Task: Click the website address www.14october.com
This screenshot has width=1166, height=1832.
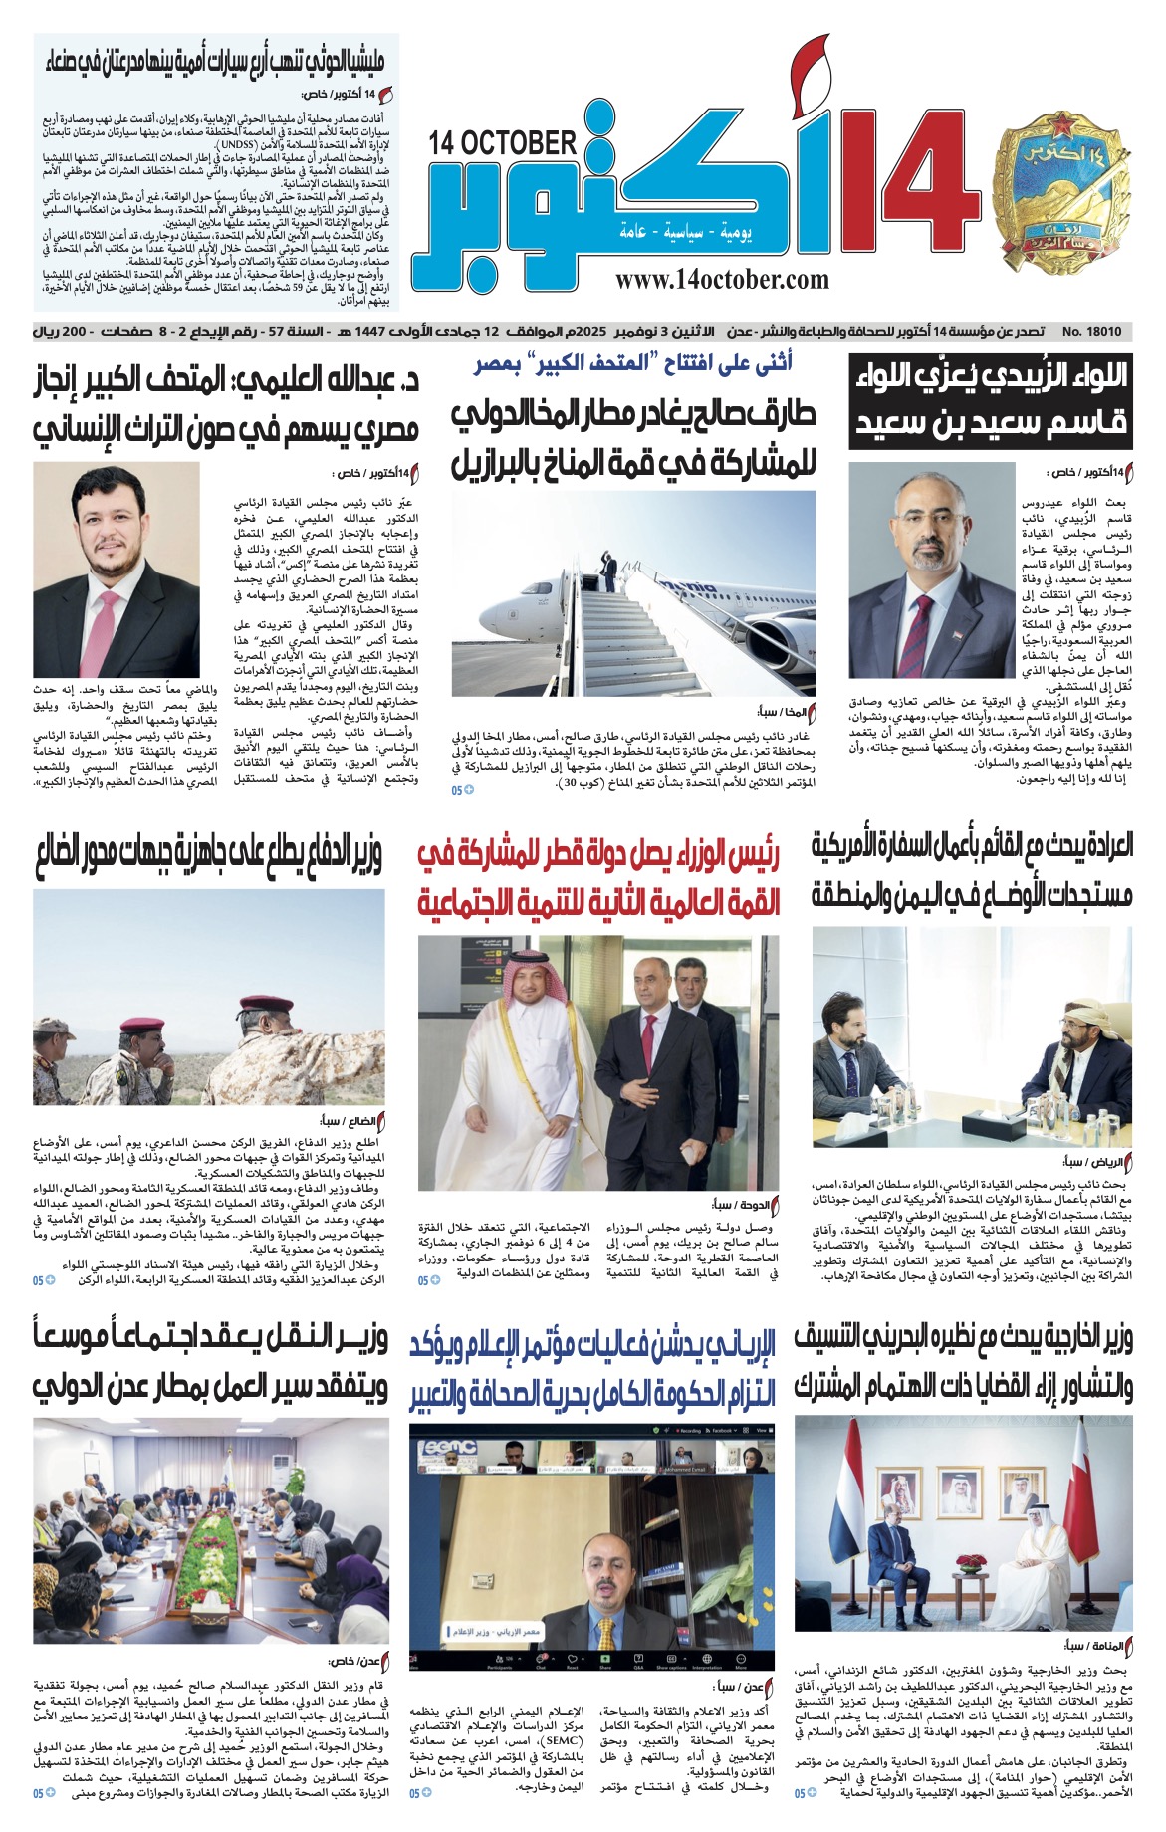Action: [722, 281]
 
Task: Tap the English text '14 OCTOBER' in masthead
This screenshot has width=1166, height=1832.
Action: [503, 143]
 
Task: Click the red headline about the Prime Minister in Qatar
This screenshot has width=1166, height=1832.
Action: [597, 877]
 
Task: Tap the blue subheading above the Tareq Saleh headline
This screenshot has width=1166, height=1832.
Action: [633, 364]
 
